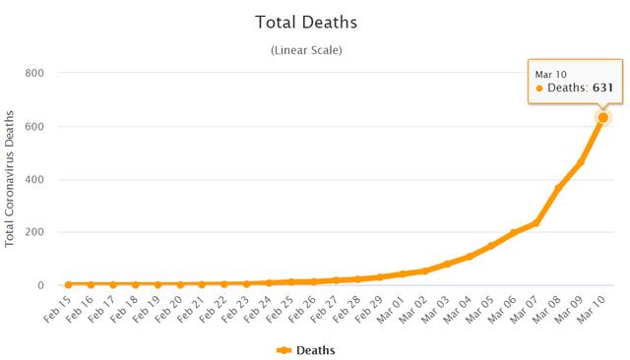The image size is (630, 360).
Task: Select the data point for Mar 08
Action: (x=559, y=188)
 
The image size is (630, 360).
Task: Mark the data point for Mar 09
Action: (x=582, y=161)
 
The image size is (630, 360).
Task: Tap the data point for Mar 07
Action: (x=536, y=222)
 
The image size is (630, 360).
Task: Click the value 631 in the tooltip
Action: (x=602, y=88)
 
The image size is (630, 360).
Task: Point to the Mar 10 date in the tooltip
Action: (x=549, y=73)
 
